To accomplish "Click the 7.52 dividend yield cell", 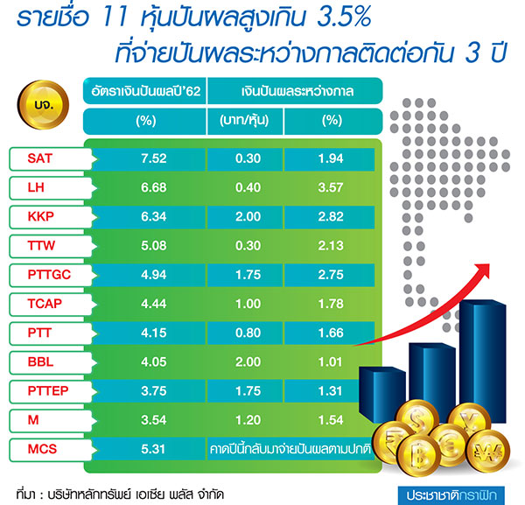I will click(147, 158).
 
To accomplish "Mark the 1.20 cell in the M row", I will click(248, 421).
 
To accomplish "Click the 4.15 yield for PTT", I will click(147, 333).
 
